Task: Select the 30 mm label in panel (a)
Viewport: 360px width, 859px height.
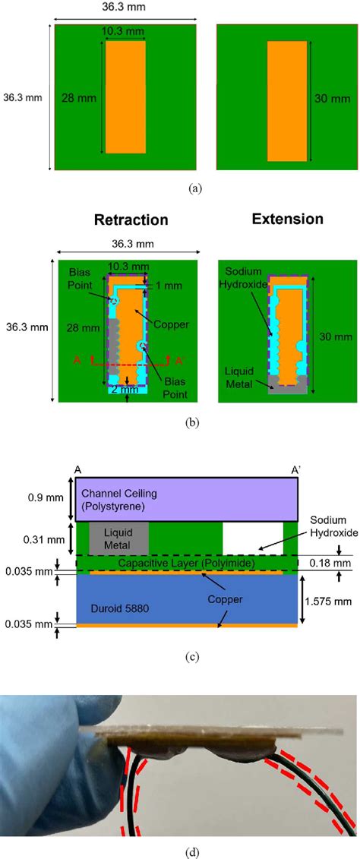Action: point(327,97)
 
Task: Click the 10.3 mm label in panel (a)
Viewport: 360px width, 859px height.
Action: point(125,31)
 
